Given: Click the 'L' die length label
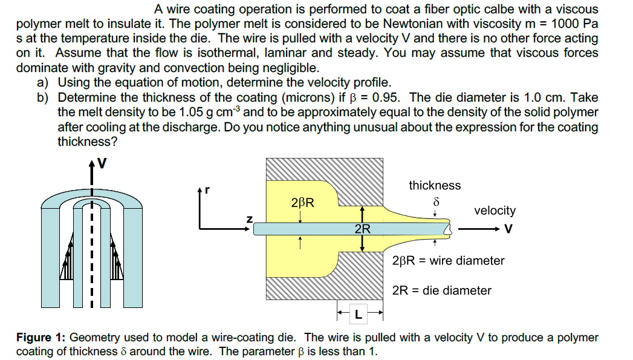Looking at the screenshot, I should coord(360,315).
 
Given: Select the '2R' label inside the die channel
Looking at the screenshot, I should coord(362,229).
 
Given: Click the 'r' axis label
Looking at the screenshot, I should coord(207,189).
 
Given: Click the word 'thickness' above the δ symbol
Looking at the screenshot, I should coord(435,186).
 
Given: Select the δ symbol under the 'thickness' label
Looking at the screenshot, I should coord(435,200).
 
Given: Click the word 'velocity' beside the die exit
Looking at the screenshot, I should coord(495,211).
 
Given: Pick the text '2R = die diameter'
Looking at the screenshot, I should coord(442,290).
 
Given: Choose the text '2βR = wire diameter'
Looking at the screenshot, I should coord(448,261).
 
